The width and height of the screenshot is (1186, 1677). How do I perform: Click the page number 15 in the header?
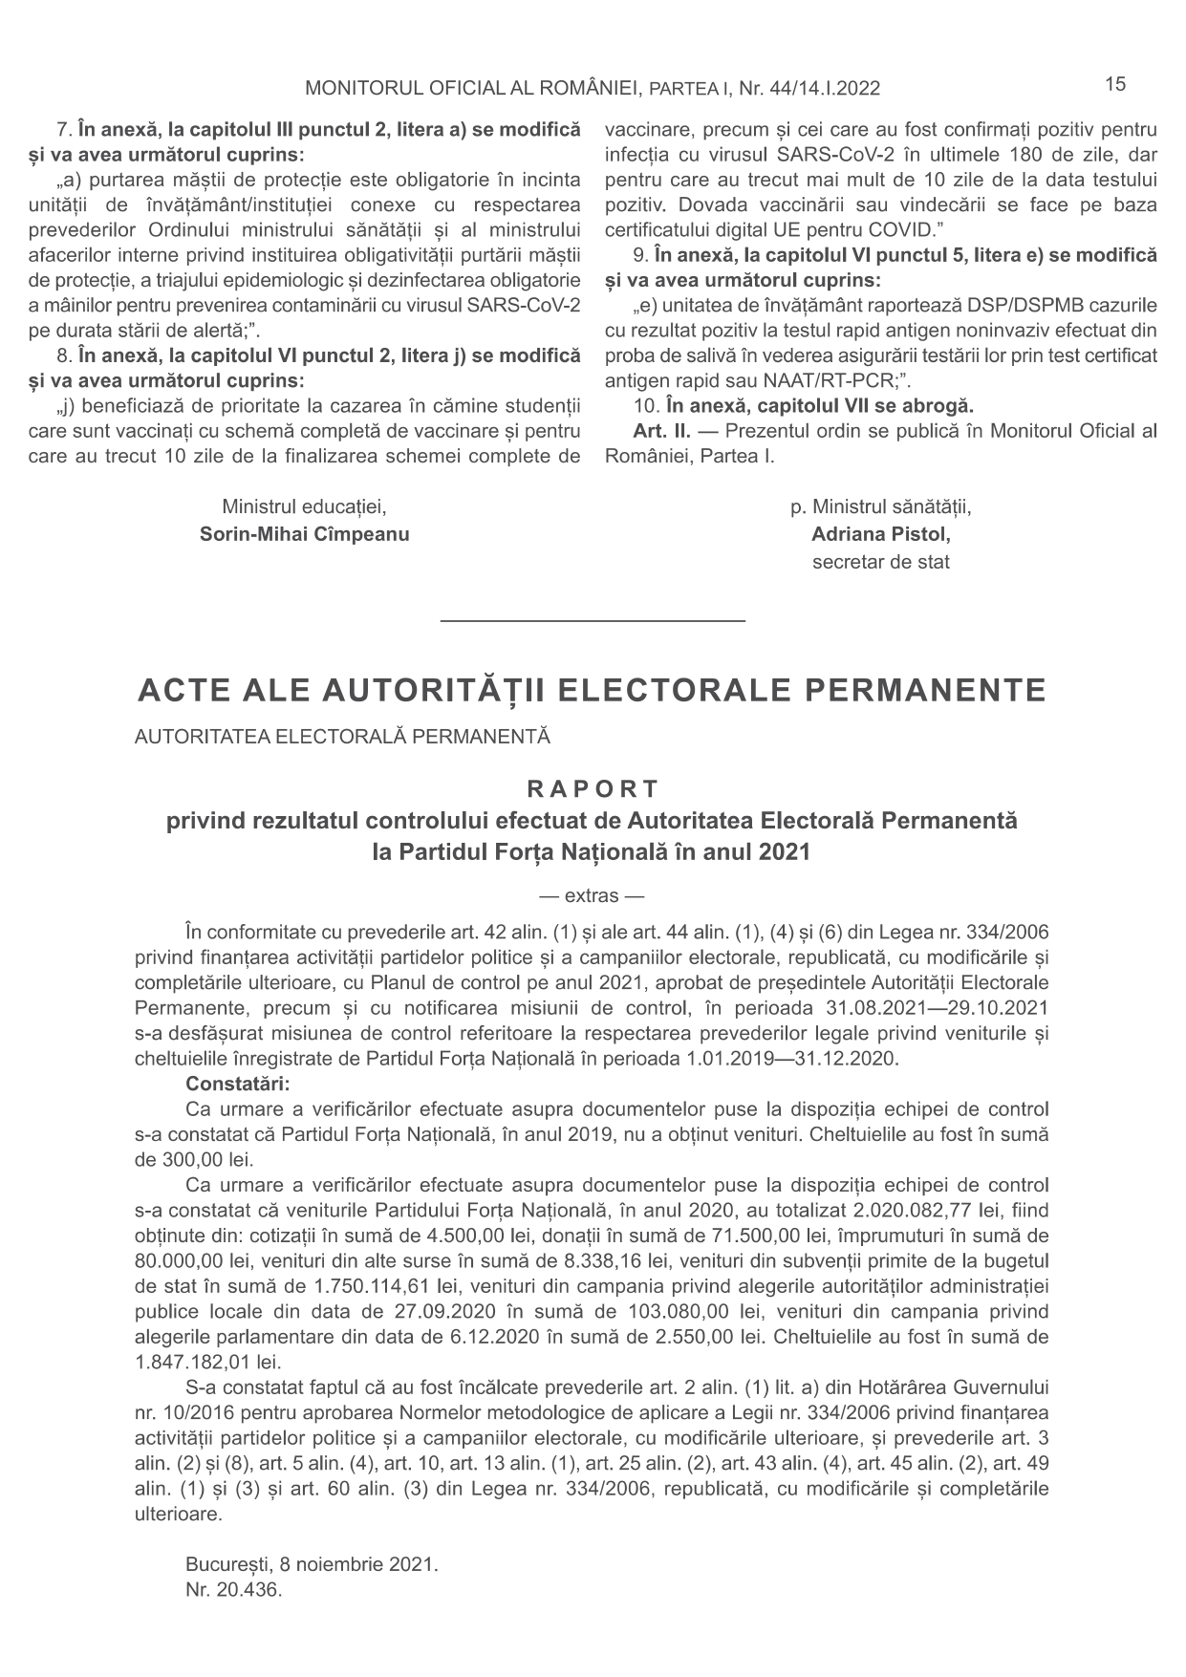pos(1115,84)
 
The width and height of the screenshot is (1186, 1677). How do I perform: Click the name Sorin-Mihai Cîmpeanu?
pos(304,534)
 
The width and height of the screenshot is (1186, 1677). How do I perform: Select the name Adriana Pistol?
pos(880,534)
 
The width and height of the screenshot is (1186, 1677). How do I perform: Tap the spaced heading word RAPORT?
pos(593,789)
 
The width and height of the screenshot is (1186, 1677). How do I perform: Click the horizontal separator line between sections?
pos(593,622)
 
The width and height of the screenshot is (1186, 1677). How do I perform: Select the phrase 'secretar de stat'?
pos(880,562)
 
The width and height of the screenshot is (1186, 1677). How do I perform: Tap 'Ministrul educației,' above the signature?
pos(304,506)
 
